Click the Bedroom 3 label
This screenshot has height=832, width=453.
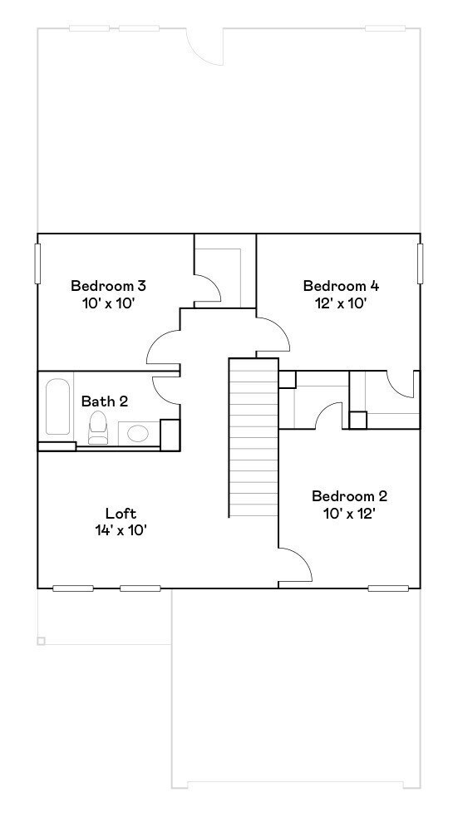point(108,286)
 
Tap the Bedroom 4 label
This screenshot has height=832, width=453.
point(341,286)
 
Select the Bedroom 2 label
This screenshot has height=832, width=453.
point(349,496)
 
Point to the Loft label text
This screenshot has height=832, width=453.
point(121,513)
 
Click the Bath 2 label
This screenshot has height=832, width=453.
point(105,401)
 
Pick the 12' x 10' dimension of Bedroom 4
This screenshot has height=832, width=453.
point(341,303)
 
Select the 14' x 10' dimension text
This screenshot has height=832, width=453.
point(121,530)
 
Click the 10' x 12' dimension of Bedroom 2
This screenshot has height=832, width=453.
point(349,514)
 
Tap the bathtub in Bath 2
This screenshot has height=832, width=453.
point(58,407)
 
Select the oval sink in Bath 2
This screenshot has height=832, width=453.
point(137,433)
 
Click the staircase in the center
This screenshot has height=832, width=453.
point(254,437)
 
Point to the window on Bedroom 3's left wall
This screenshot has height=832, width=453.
point(37,263)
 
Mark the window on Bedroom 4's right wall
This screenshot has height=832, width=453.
point(420,263)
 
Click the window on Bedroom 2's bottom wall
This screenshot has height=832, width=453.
point(388,588)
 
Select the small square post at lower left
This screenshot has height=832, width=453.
point(41,641)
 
